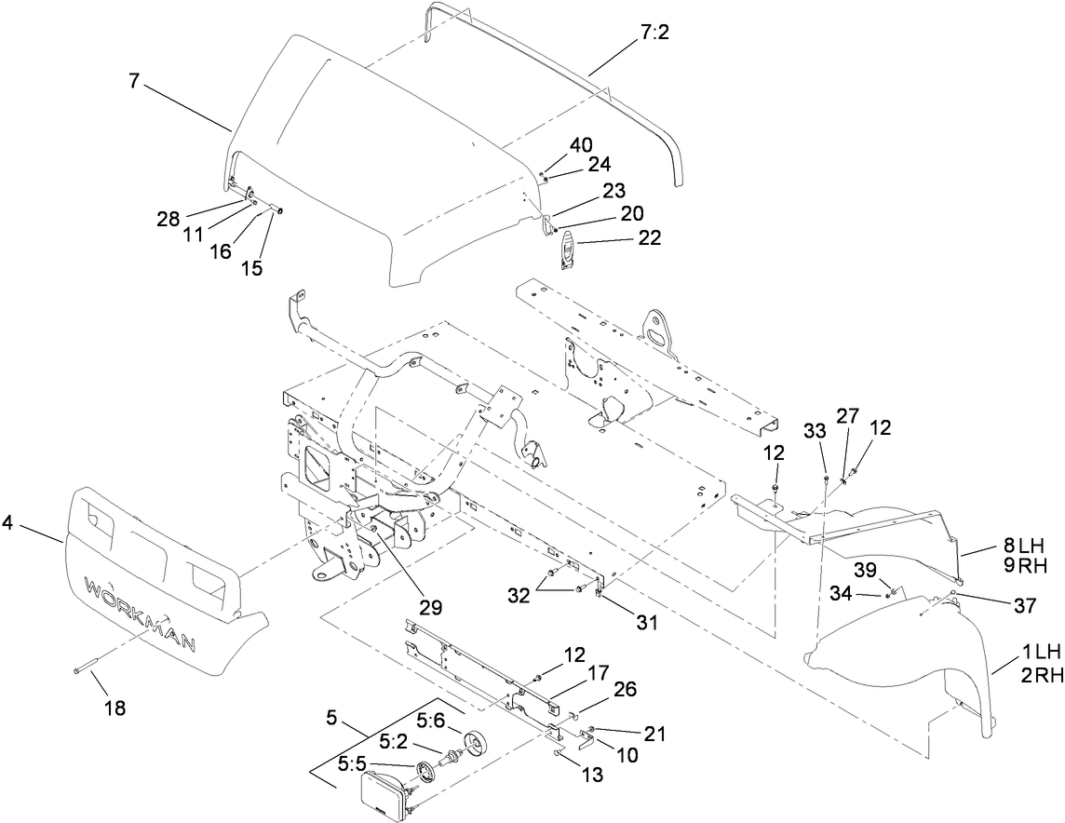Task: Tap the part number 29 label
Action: tap(429, 607)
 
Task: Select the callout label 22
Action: tap(649, 238)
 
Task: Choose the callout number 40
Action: tap(580, 145)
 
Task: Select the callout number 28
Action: tap(169, 219)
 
